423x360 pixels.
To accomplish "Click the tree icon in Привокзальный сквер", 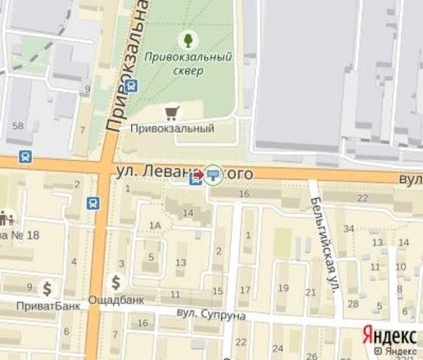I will point(187,38).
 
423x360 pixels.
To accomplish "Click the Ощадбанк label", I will point(117,300).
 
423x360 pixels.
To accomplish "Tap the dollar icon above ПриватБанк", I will point(47,288).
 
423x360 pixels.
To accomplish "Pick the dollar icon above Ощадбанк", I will point(116,281).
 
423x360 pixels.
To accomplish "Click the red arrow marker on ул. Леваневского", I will point(198,175).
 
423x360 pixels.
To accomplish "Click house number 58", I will point(18,125).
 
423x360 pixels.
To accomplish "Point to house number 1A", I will point(155,225).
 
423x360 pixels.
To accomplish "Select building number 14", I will point(187,213).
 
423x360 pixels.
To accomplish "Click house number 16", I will point(244,194).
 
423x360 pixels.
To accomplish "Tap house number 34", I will point(350,228).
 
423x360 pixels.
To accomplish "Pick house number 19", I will point(284,288).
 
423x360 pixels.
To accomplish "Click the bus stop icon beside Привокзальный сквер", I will point(131,85).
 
